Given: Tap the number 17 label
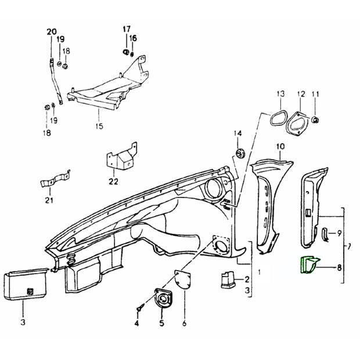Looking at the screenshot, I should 127,29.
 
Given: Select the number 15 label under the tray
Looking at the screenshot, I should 99,125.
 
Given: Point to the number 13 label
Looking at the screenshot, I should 280,94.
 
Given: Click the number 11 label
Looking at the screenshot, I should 316,94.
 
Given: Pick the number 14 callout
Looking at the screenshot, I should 237,134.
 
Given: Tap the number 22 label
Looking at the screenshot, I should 113,181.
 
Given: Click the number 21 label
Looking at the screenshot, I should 49,201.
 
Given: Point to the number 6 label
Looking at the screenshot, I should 184,323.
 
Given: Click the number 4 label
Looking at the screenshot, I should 137,323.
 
